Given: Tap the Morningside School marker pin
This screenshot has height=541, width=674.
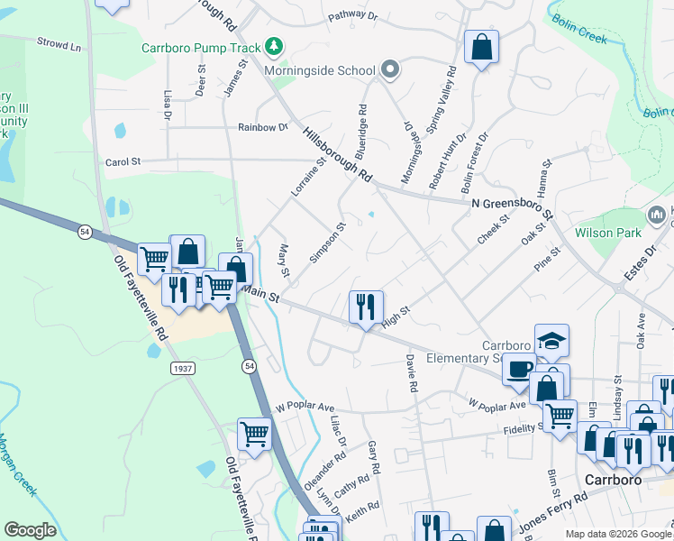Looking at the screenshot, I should pyautogui.click(x=389, y=69).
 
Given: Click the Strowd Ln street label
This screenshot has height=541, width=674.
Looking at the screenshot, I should pyautogui.click(x=59, y=42).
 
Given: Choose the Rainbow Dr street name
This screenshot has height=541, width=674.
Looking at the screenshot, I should pyautogui.click(x=262, y=127).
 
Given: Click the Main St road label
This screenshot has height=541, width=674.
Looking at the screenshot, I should pyautogui.click(x=261, y=293).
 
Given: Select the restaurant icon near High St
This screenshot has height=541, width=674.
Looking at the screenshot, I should pyautogui.click(x=366, y=307).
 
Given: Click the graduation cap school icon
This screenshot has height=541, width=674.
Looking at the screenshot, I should pyautogui.click(x=551, y=341).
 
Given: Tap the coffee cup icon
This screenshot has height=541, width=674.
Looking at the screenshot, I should pyautogui.click(x=518, y=370).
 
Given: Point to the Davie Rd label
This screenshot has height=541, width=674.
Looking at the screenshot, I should pyautogui.click(x=411, y=372).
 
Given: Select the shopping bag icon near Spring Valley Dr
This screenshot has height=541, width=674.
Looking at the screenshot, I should pyautogui.click(x=481, y=47).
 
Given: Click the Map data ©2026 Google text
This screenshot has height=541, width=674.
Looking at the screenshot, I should pyautogui.click(x=618, y=534).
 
